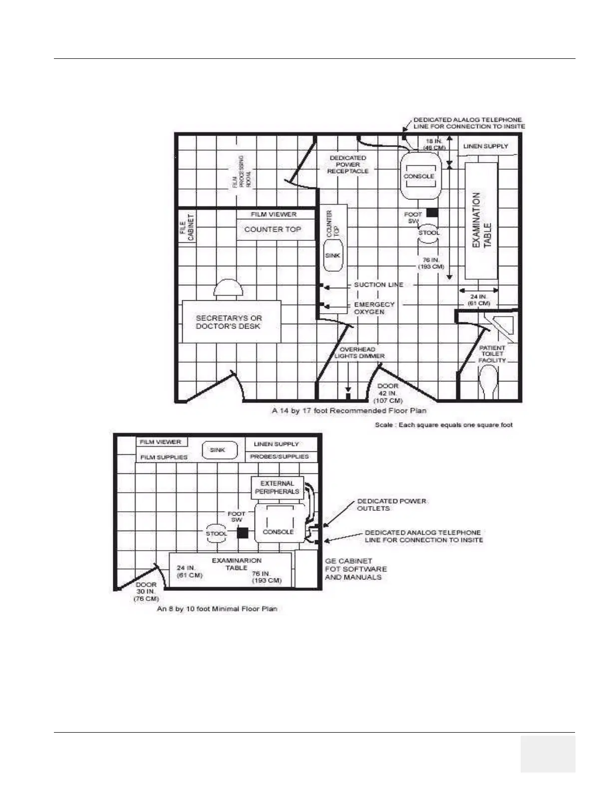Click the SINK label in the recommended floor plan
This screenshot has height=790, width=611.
point(332,255)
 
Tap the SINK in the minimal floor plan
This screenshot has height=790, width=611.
point(218,450)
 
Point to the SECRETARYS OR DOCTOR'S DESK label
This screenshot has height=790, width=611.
point(229,322)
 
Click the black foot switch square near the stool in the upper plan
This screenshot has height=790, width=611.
point(432,213)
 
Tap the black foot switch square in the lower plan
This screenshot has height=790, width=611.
point(242,533)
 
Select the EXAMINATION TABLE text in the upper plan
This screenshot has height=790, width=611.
point(482,220)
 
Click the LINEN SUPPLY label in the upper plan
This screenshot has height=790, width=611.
point(485,146)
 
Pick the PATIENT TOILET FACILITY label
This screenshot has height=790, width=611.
point(492,354)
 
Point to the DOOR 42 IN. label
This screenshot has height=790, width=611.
point(388,393)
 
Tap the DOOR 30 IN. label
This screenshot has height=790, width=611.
point(146,592)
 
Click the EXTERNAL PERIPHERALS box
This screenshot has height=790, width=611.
point(277,487)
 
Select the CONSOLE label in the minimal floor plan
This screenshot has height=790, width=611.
point(278,532)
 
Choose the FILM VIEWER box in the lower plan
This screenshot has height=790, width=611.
point(161,442)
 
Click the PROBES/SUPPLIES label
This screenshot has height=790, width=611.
point(280,456)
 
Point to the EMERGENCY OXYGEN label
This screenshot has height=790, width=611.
point(374,308)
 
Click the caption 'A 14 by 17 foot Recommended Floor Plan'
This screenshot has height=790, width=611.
point(349,410)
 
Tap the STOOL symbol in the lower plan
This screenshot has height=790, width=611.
point(216,533)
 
